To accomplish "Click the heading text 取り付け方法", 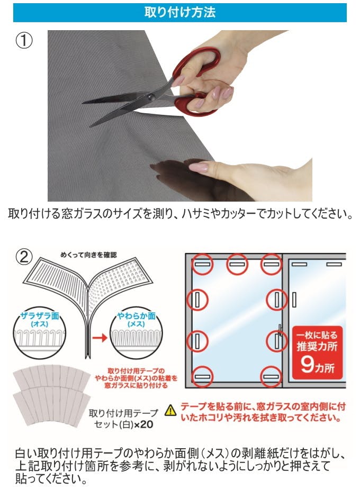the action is [180, 12].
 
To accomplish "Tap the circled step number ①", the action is [24, 41].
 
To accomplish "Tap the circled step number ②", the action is [24, 257].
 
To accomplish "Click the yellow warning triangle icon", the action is [170, 410].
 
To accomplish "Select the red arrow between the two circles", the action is [100, 338].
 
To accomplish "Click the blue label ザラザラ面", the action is [40, 316].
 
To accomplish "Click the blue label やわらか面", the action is [137, 316].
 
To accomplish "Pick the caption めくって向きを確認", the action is [88, 255].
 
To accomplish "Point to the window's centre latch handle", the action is [280, 330].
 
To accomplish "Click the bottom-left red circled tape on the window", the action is [202, 377].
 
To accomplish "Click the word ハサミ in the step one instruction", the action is [197, 214].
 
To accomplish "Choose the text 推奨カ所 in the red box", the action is [317, 347].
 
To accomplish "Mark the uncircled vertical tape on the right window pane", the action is [294, 300].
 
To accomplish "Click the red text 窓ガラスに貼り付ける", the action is [136, 385].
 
